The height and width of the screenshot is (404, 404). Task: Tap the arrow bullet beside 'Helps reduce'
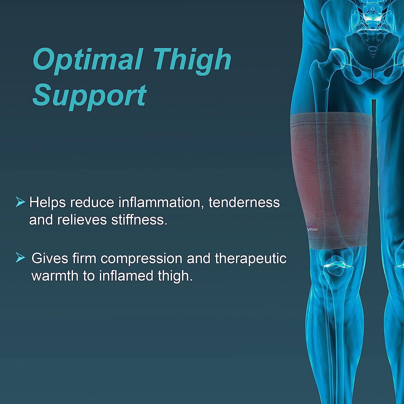point(20,202)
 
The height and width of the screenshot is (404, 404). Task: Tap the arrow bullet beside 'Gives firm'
point(20,257)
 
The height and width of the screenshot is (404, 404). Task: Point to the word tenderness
point(244,202)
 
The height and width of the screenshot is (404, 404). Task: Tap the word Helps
point(47,202)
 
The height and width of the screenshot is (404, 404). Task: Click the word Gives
point(50,258)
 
